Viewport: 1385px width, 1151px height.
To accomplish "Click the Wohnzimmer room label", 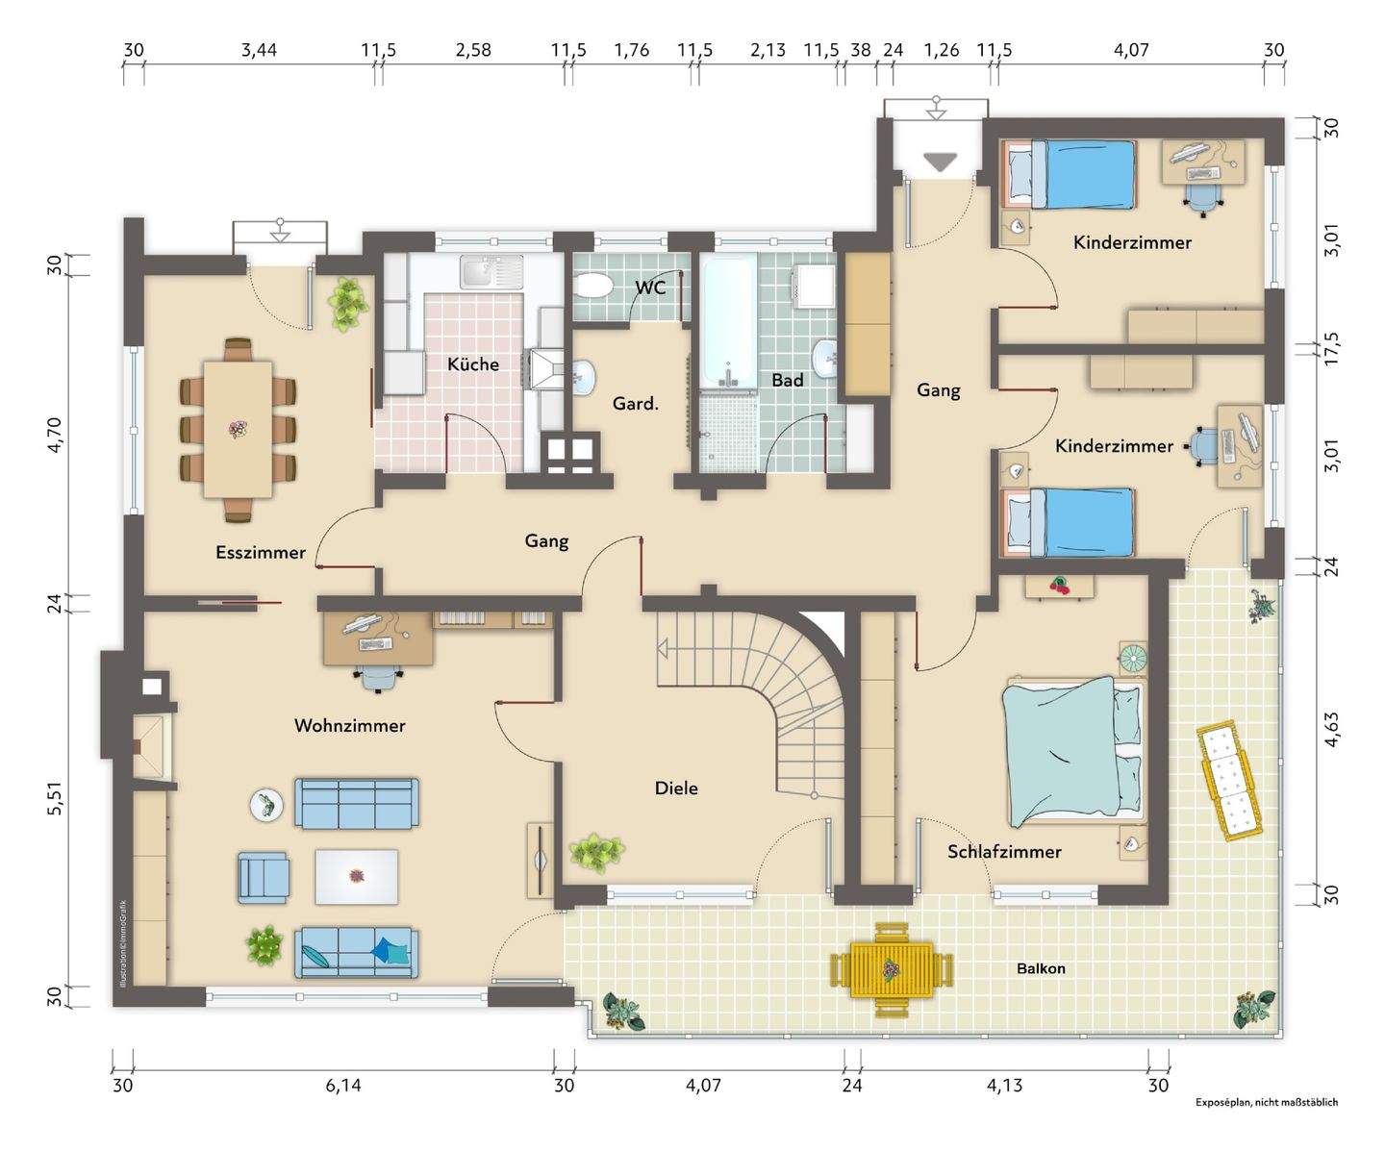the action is point(349,725).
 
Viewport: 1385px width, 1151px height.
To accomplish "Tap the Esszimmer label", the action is point(261,552).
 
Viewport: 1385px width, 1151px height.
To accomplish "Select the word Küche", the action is point(473,364).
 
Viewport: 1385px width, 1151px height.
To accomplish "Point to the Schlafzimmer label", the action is point(1004,851).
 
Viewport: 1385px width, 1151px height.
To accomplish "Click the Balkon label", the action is point(1041,968).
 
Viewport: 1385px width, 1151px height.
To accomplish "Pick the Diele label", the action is point(676,788).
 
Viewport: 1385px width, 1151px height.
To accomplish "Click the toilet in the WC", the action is point(593,288).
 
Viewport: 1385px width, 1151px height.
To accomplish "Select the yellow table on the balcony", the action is point(893,970).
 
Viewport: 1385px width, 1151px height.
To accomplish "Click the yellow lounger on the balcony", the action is point(1228,781).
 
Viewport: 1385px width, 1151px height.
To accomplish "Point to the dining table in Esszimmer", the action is point(238,429).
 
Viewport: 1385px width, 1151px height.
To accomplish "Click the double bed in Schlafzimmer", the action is point(1074,752).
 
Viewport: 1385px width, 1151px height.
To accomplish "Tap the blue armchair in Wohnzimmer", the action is point(264,879).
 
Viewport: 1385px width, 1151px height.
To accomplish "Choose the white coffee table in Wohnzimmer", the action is point(357,877).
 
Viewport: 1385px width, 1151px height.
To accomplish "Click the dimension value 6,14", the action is point(343,1086).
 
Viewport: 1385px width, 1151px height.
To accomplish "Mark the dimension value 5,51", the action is point(56,798).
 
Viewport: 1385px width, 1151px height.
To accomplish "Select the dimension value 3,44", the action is point(259,50).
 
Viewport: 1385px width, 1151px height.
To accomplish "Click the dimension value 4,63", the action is point(1331,730).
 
